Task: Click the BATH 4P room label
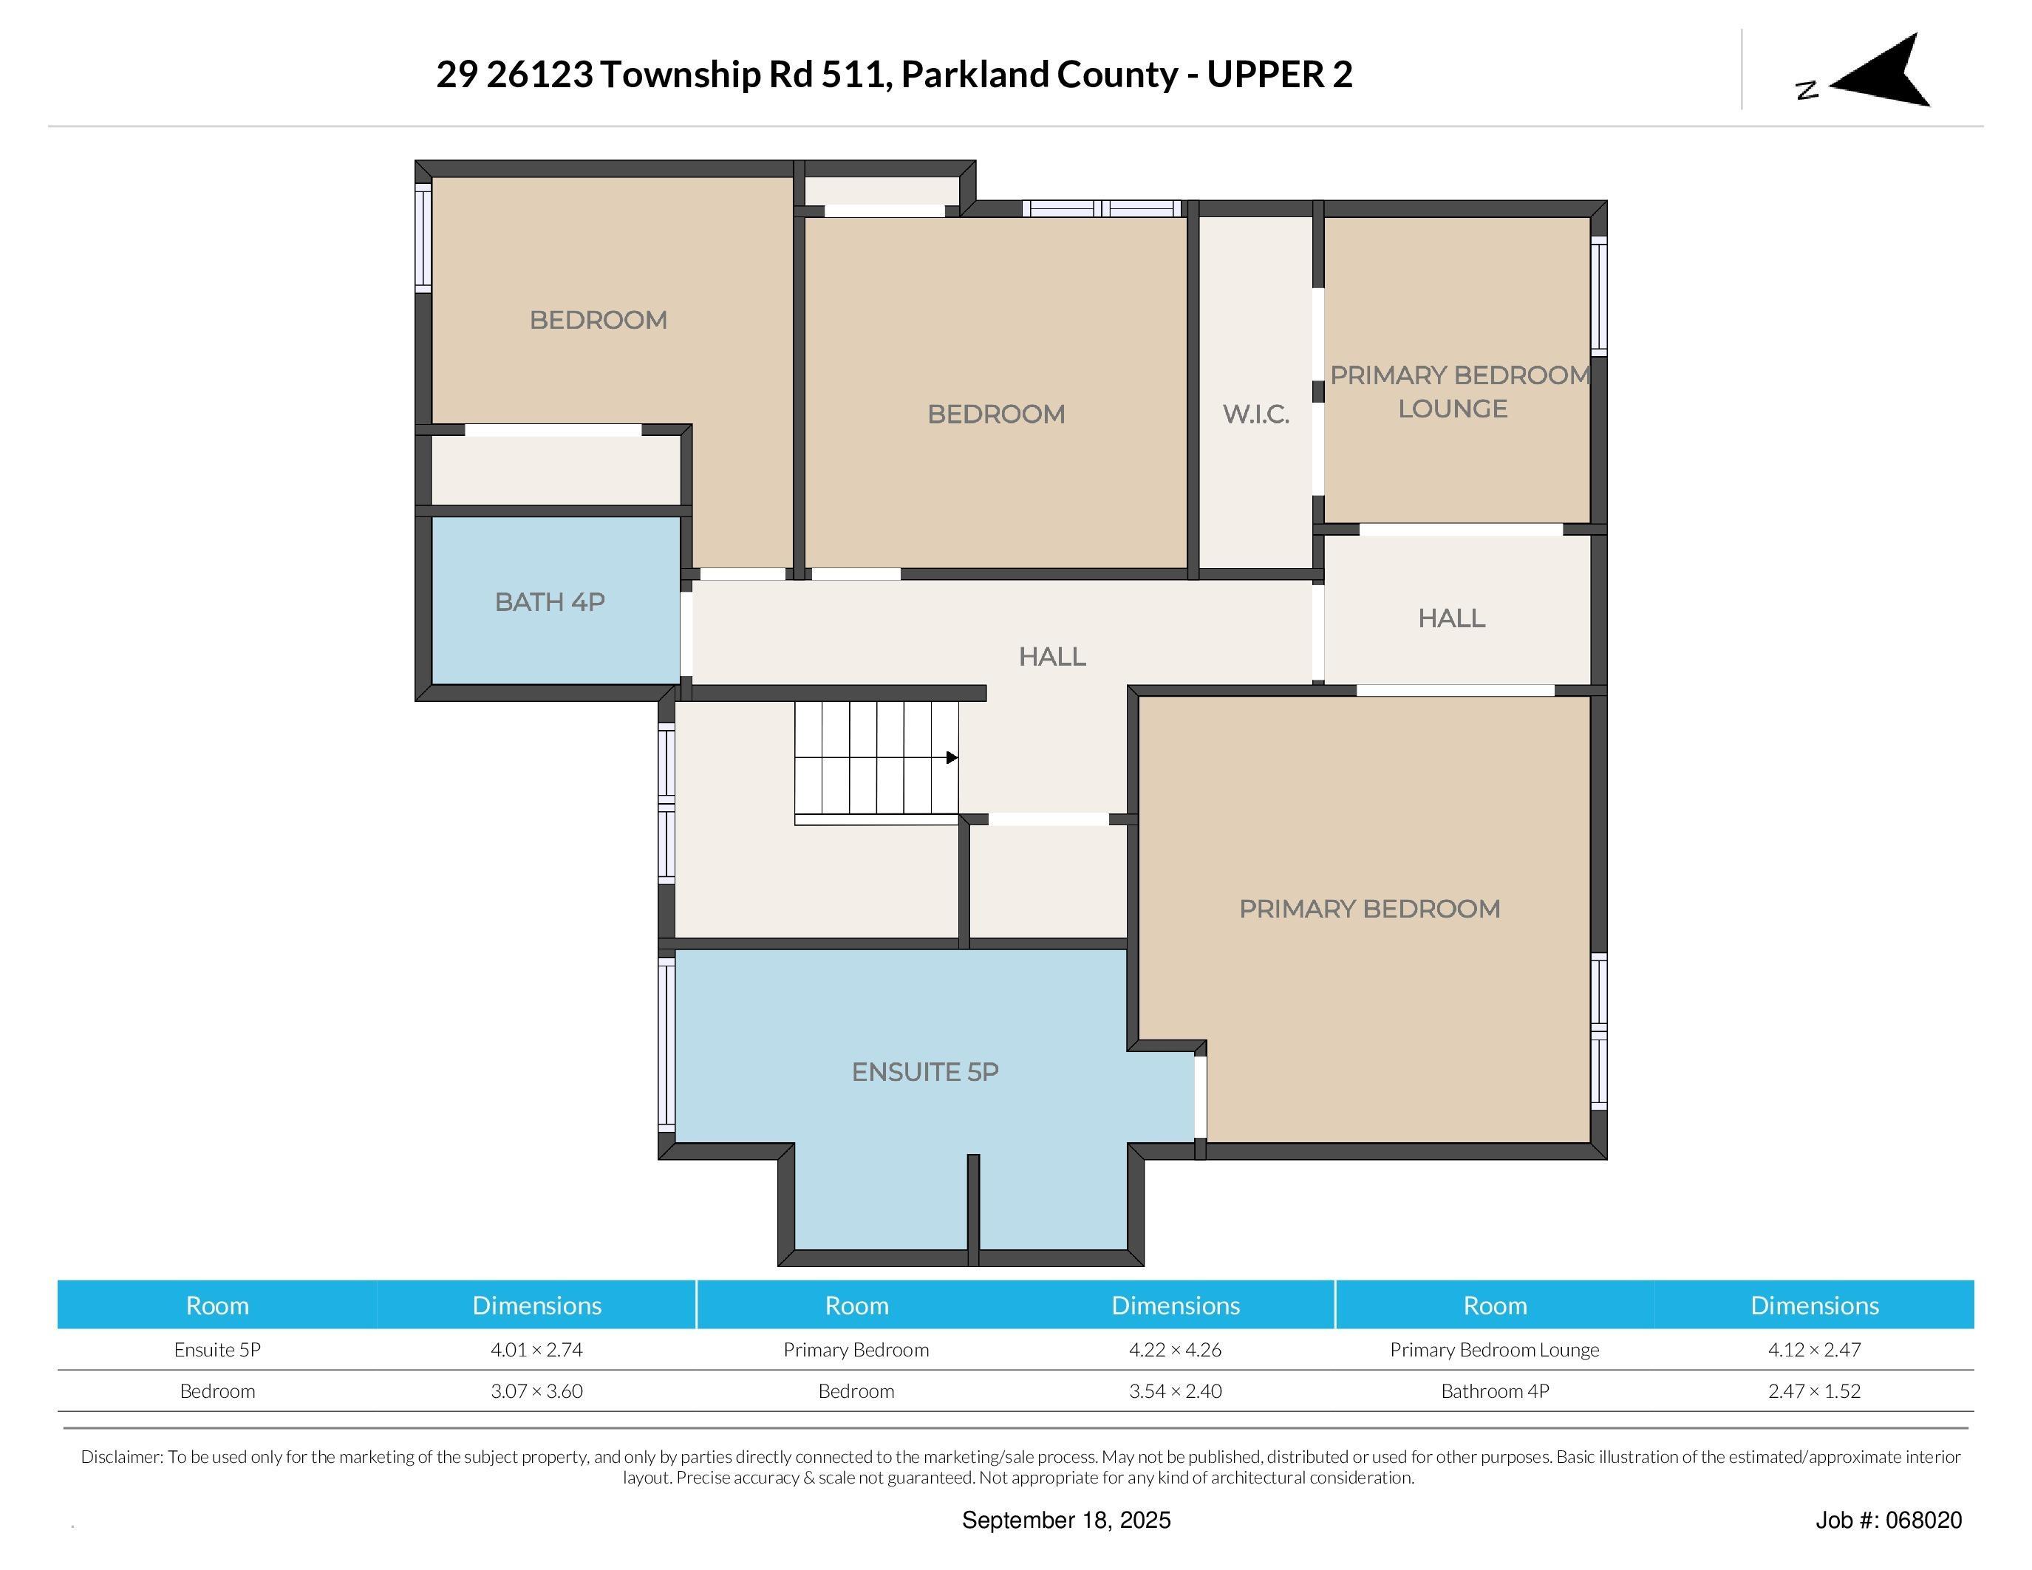click(x=550, y=603)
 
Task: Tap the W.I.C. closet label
click(x=1255, y=414)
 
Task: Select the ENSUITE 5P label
click(x=925, y=1072)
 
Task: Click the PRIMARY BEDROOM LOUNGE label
click(x=1458, y=392)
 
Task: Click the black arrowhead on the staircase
click(x=952, y=758)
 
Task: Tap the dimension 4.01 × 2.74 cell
click(x=537, y=1350)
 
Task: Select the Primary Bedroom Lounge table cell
click(x=1494, y=1350)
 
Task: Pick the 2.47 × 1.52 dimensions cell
click(x=1813, y=1391)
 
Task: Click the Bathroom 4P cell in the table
click(x=1494, y=1391)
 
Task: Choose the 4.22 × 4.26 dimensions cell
click(x=1175, y=1350)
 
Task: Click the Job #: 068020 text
click(x=1888, y=1520)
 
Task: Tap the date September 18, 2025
click(x=1066, y=1520)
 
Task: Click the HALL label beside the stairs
click(x=1051, y=657)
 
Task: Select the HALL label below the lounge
click(x=1450, y=618)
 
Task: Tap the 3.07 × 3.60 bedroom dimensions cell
click(x=537, y=1391)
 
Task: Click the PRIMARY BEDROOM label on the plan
click(x=1369, y=909)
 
